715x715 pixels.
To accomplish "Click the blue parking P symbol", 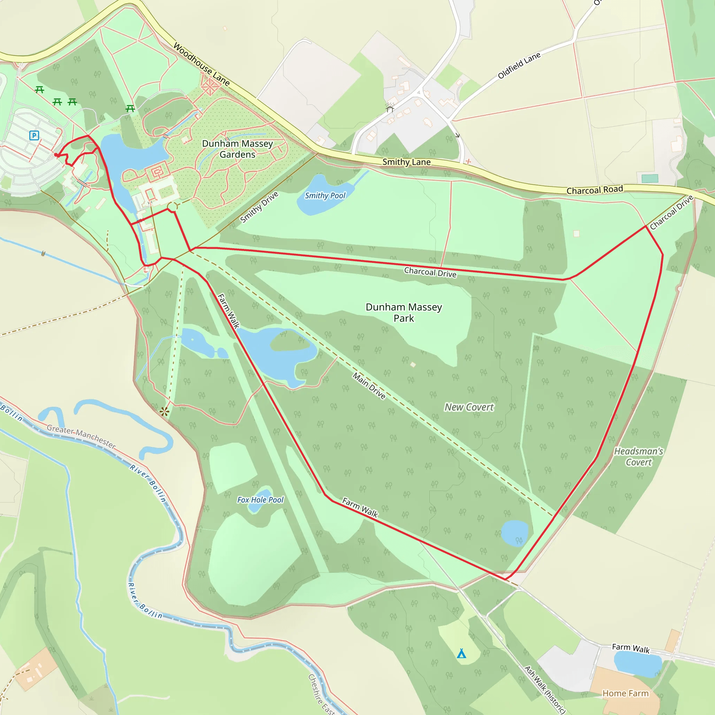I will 34,135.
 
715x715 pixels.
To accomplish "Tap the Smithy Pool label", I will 325,196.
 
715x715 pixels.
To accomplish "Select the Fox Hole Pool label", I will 260,500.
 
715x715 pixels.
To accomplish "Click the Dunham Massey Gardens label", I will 237,149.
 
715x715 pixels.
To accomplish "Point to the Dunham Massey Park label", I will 404,312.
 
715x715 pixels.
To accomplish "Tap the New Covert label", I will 469,407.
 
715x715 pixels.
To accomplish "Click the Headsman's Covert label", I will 639,456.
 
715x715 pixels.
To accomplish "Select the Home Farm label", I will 625,693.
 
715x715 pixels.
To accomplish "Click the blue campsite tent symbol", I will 461,654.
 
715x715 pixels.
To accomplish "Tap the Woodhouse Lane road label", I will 201,64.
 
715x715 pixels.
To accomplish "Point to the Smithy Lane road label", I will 406,162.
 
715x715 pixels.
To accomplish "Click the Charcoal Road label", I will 595,190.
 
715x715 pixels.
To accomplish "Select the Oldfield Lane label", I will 519,66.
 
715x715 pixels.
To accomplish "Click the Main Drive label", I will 369,386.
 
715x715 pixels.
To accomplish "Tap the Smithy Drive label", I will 259,207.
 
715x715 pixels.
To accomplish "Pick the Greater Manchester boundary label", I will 81,437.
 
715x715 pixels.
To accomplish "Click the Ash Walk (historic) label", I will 545,690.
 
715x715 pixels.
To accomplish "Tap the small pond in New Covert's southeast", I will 514,533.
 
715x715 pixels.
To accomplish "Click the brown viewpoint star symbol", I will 165,411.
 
